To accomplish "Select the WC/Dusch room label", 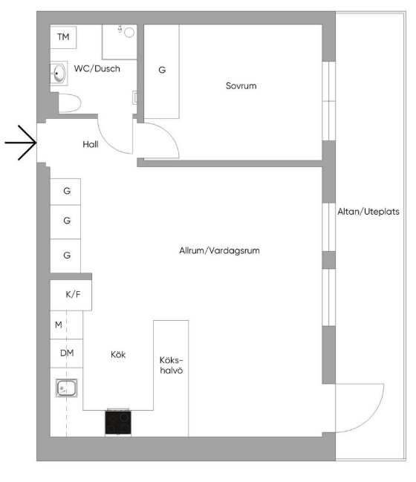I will point(97,69).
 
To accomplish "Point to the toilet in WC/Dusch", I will point(68,102).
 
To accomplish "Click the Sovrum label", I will point(241,86).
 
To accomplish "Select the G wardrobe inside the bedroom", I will point(161,70).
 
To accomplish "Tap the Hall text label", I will point(91,145).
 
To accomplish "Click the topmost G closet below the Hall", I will point(67,191).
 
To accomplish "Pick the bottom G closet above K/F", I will point(67,255).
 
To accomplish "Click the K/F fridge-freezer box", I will point(72,294).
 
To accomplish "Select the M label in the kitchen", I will point(58,325).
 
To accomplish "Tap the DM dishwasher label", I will point(67,354).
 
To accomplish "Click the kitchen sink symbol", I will point(66,387).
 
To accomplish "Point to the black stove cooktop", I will point(117,423).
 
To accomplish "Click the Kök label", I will point(117,355).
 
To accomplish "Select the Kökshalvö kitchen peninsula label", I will point(171,363).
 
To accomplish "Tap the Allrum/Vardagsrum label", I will point(219,251).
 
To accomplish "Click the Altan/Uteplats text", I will point(368,211).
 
